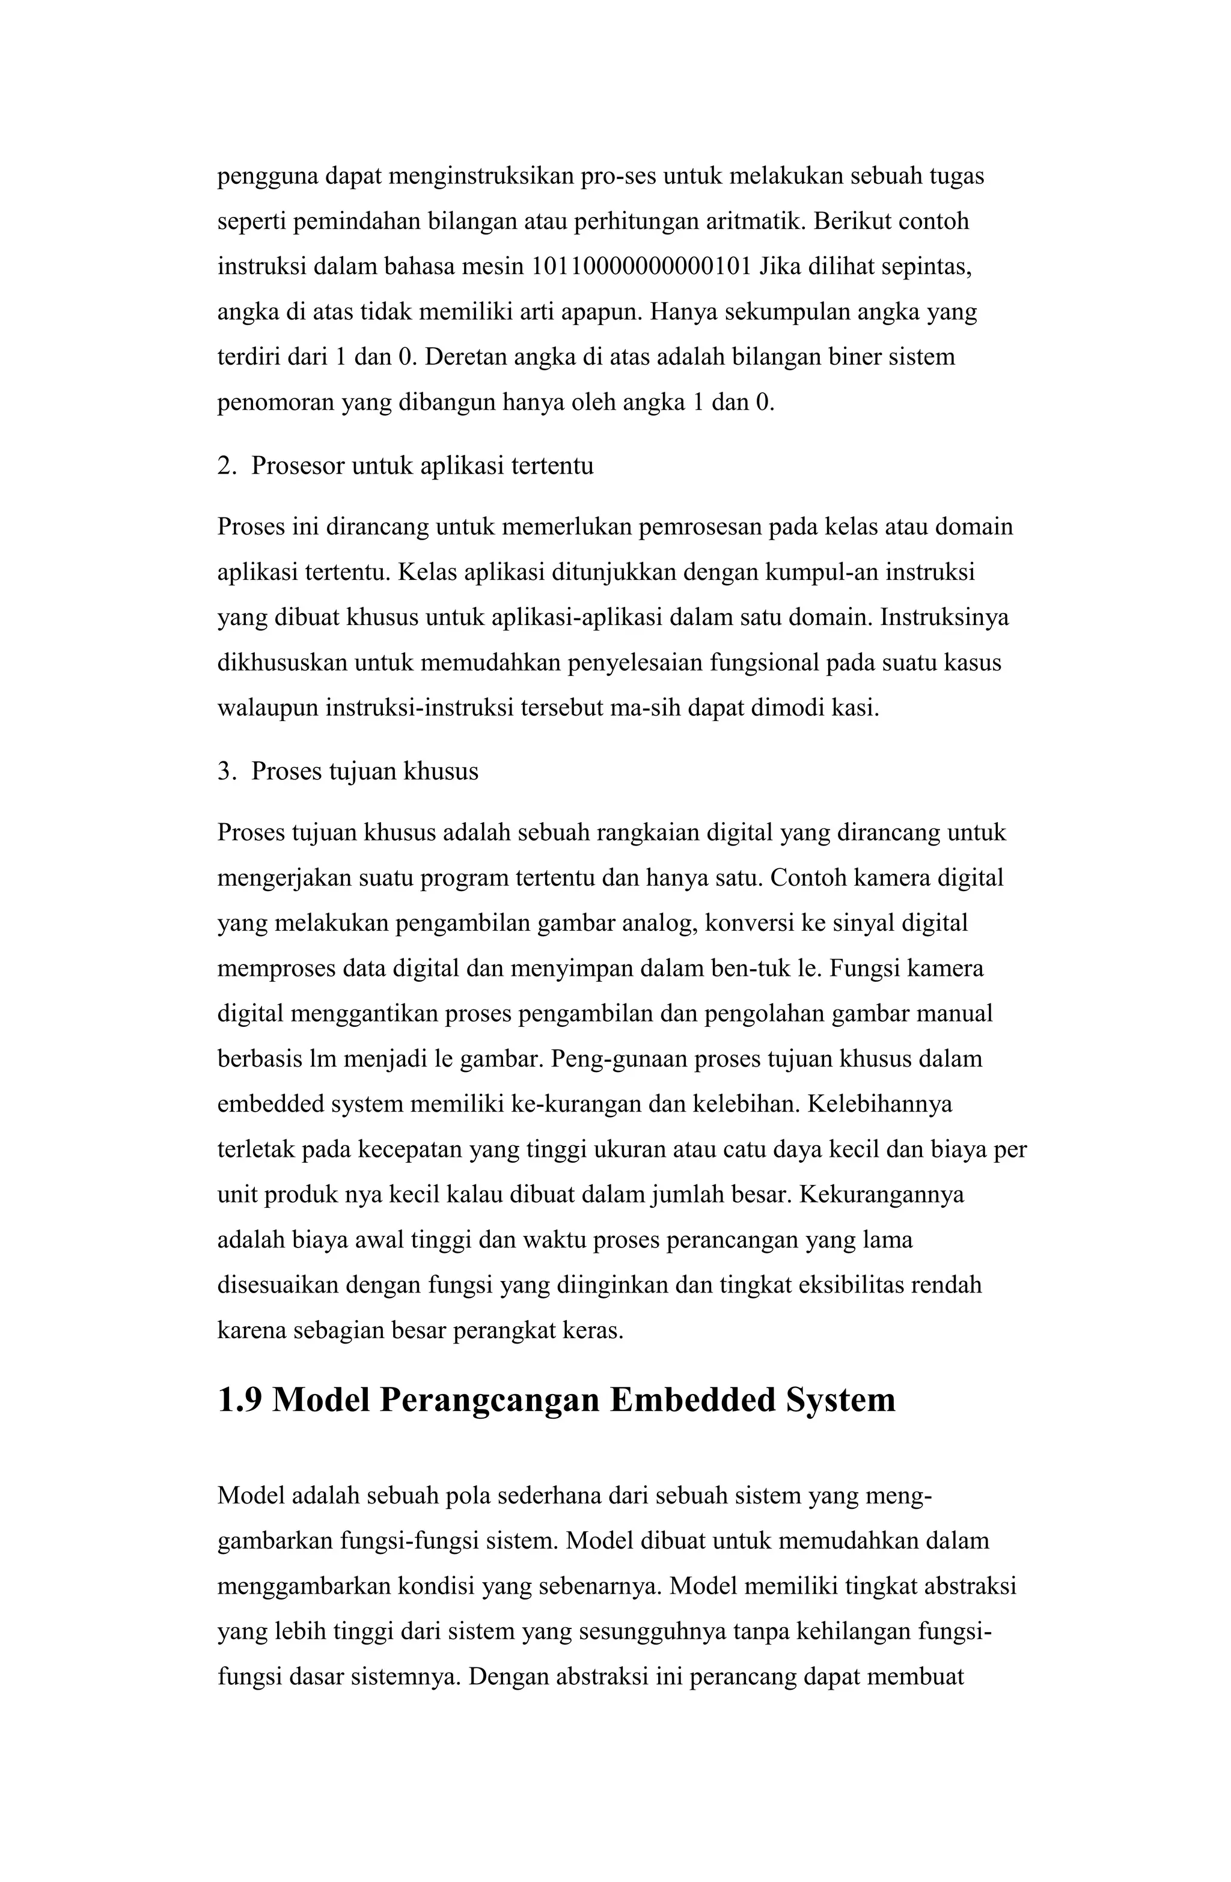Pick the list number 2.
coord(225,466)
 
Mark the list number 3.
coord(225,771)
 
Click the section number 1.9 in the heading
coord(240,1399)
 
